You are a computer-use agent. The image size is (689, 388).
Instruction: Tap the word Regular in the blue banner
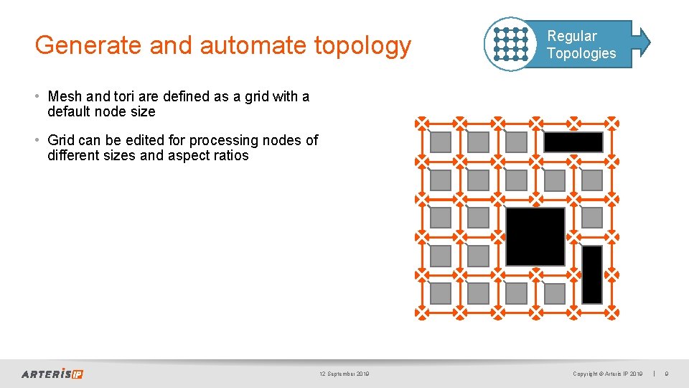[x=571, y=36]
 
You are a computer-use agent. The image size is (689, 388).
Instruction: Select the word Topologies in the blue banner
[x=581, y=53]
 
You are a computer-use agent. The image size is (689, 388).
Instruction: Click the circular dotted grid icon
[x=510, y=44]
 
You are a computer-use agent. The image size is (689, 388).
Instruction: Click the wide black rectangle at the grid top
[x=573, y=142]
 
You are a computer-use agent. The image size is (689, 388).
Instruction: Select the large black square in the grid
[x=535, y=236]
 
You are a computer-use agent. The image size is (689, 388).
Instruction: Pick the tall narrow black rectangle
[x=592, y=274]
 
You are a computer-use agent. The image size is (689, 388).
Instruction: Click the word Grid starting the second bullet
[x=62, y=140]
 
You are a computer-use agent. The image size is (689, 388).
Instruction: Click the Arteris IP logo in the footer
[x=52, y=374]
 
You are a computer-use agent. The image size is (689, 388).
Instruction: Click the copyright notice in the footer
[x=607, y=374]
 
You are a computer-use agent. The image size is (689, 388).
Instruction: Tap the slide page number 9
[x=667, y=374]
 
